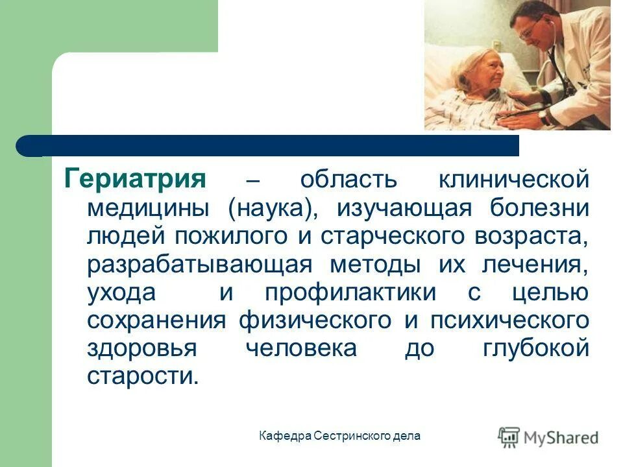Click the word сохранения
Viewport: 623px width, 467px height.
coord(156,320)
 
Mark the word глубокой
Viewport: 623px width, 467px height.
coord(537,348)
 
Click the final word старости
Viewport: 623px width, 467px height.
coord(141,376)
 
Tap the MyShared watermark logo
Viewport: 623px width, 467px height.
coord(548,437)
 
